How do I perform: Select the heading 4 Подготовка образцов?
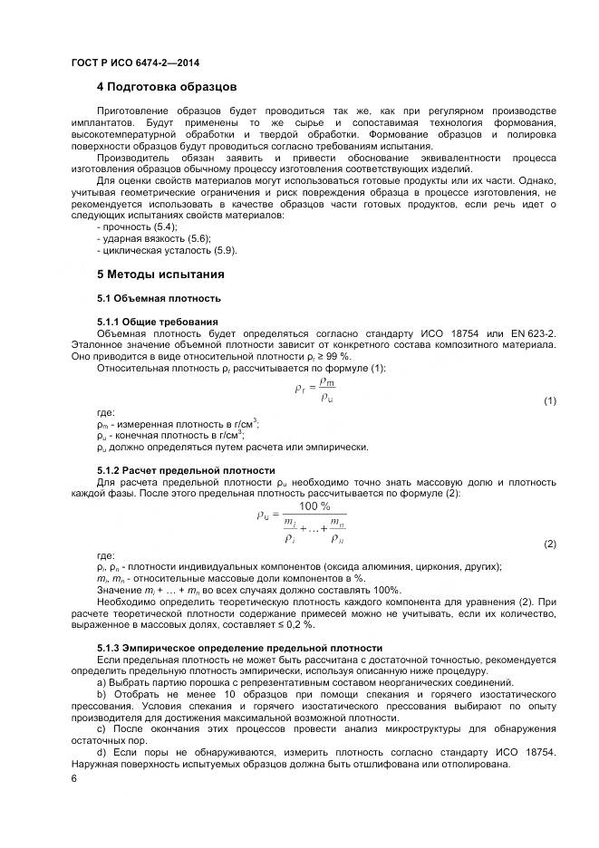click(167, 87)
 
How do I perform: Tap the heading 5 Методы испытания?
click(160, 274)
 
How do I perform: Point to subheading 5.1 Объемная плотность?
click(159, 298)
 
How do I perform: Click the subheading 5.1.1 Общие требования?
click(157, 322)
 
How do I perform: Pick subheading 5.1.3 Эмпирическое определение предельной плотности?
click(239, 648)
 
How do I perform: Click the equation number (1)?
click(549, 400)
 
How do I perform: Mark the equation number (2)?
click(549, 544)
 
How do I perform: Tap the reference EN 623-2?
click(533, 333)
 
